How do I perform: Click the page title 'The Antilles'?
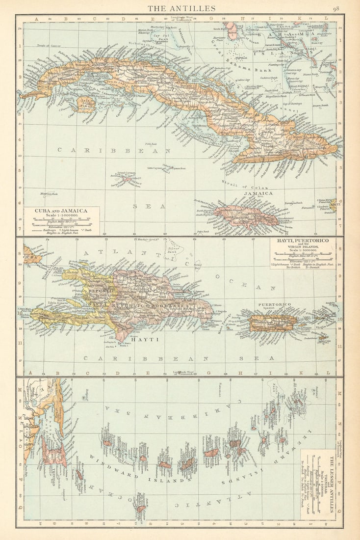[181, 8]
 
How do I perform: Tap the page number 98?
[336, 8]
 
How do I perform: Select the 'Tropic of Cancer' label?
[48, 47]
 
